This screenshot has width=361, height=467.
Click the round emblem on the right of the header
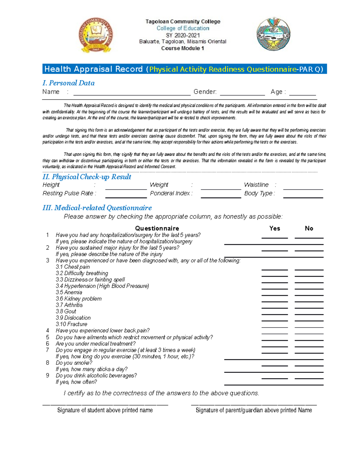pyautogui.click(x=273, y=34)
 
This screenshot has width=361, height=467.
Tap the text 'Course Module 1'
pyautogui.click(x=183, y=48)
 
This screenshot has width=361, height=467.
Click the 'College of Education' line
pyautogui.click(x=183, y=28)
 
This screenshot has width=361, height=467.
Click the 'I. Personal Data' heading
pyautogui.click(x=69, y=83)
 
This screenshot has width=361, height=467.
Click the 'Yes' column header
pyautogui.click(x=275, y=228)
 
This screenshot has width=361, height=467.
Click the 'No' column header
pyautogui.click(x=309, y=228)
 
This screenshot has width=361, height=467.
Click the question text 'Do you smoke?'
pyautogui.click(x=74, y=363)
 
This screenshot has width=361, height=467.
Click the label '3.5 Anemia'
pyautogui.click(x=69, y=292)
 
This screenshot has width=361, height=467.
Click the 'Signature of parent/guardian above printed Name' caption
pyautogui.click(x=254, y=410)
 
